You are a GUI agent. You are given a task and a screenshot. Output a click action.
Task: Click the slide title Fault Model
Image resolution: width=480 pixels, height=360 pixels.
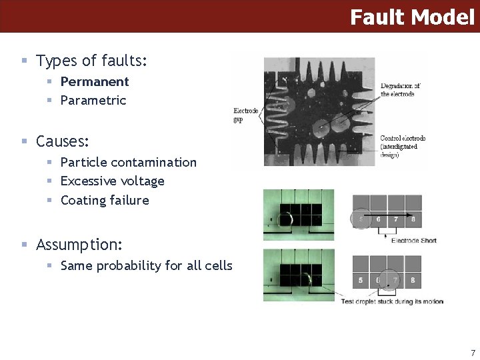click(411, 17)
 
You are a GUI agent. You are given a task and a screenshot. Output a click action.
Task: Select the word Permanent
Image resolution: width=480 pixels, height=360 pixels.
click(95, 81)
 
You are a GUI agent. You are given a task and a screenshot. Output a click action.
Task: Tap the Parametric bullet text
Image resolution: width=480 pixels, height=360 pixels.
click(93, 101)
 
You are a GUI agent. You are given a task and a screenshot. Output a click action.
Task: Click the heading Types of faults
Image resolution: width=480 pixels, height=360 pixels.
click(91, 61)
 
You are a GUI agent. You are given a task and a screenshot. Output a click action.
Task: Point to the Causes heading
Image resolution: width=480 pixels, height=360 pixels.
click(63, 141)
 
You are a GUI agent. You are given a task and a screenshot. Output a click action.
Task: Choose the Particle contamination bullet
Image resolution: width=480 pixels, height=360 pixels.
click(129, 162)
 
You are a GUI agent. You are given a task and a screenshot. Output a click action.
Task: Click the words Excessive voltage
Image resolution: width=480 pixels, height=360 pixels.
click(113, 181)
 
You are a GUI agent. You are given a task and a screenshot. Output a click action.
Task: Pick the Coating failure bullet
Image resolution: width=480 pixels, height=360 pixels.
click(105, 200)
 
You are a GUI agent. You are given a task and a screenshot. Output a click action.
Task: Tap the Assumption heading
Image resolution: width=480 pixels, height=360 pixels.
click(79, 245)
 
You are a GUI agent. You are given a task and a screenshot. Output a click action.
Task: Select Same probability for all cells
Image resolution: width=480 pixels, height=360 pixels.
click(147, 265)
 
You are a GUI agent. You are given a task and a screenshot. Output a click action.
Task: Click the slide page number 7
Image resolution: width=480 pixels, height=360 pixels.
click(473, 353)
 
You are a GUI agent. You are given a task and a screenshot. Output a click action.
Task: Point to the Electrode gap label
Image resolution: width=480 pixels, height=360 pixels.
click(245, 115)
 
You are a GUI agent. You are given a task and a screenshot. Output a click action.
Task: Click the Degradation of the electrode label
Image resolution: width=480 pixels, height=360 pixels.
click(400, 90)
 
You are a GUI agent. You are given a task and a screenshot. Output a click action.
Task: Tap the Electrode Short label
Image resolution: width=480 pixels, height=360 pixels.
click(413, 240)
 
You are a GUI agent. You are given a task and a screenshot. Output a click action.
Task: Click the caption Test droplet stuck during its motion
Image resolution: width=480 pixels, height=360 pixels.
click(392, 301)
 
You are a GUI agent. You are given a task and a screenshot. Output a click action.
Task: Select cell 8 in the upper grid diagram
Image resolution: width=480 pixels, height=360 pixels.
click(413, 219)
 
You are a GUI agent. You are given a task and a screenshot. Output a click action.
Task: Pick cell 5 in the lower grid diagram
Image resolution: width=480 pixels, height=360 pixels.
click(361, 280)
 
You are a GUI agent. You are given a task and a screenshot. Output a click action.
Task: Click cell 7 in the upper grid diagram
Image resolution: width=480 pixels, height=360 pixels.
click(396, 219)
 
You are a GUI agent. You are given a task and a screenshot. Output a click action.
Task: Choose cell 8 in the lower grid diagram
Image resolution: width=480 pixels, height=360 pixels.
click(413, 280)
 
